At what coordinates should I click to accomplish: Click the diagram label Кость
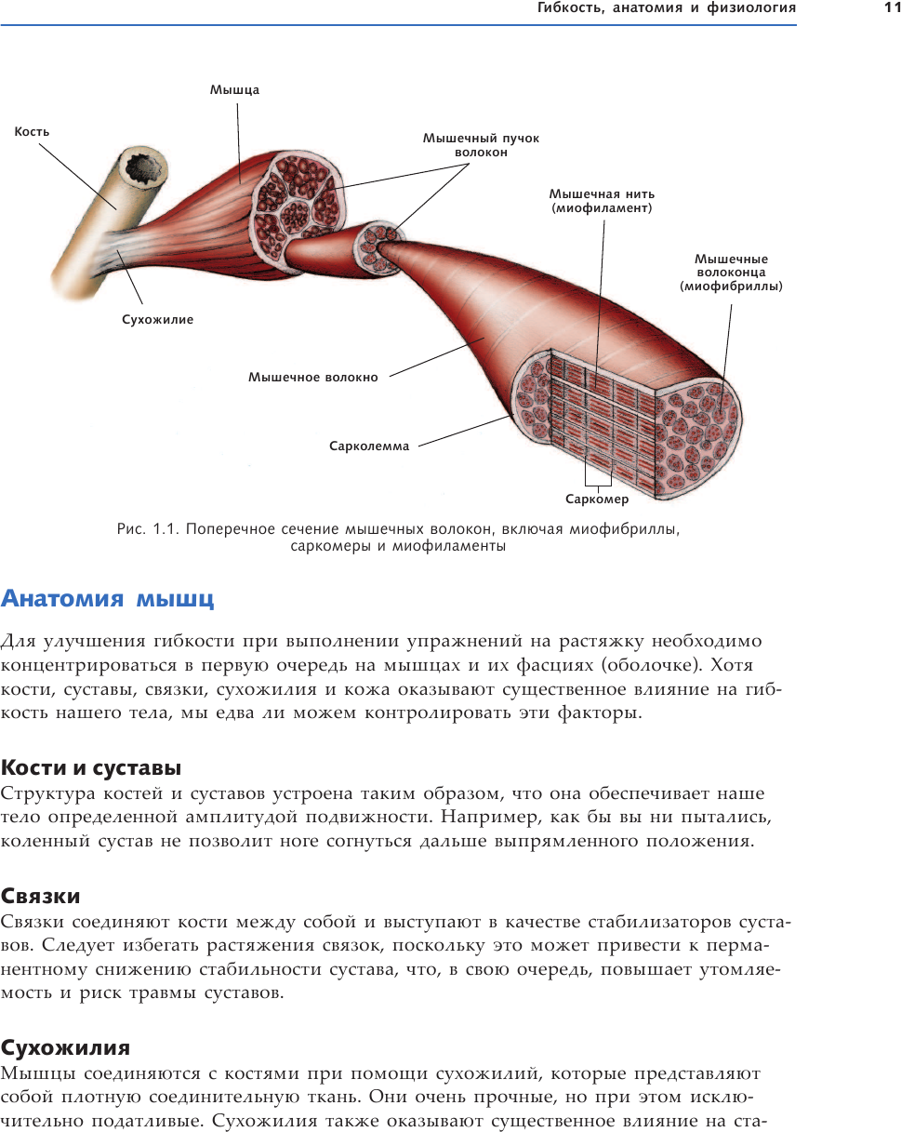(32, 132)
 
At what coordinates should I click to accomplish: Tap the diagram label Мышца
(234, 90)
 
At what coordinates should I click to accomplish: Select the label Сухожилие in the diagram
(157, 320)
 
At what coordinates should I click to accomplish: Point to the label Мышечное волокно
(312, 378)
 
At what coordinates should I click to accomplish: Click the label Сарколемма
(368, 446)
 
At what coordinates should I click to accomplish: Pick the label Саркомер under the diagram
(597, 500)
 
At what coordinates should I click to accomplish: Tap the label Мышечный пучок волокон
(481, 145)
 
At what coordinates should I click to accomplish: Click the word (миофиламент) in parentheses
(602, 208)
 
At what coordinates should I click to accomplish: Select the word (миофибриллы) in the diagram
(731, 286)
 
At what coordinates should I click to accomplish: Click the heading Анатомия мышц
(108, 598)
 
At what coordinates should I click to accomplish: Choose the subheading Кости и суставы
(91, 768)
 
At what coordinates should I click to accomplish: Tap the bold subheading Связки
(41, 896)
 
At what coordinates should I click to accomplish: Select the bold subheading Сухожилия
(65, 1048)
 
